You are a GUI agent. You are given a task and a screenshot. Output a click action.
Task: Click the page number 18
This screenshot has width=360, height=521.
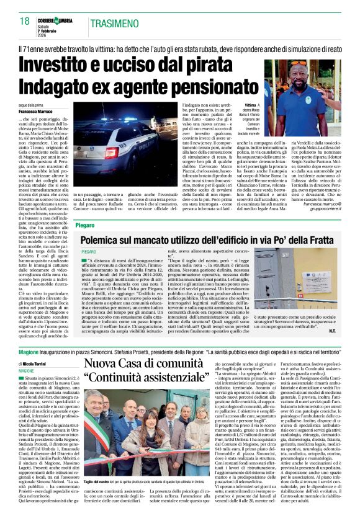click(x=24, y=21)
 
